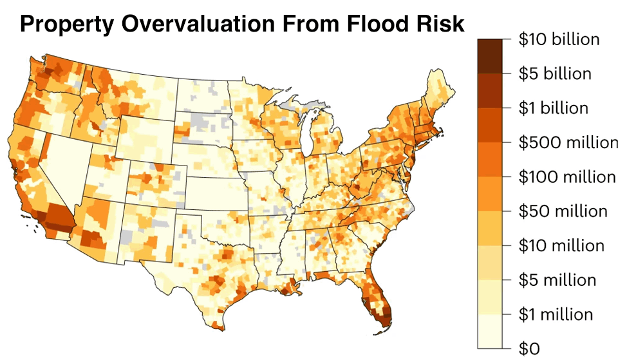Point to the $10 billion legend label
pyautogui.click(x=559, y=39)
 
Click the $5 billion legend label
pyautogui.click(x=555, y=73)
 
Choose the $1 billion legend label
pyautogui.click(x=554, y=108)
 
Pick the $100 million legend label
pyautogui.click(x=566, y=176)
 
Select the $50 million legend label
pyautogui.click(x=563, y=211)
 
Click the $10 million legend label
pyautogui.click(x=561, y=245)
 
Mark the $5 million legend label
pyautogui.click(x=557, y=280)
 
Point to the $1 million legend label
pyautogui.click(x=556, y=314)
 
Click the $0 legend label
pyautogui.click(x=529, y=348)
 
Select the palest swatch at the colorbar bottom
pyautogui.click(x=490, y=331)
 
